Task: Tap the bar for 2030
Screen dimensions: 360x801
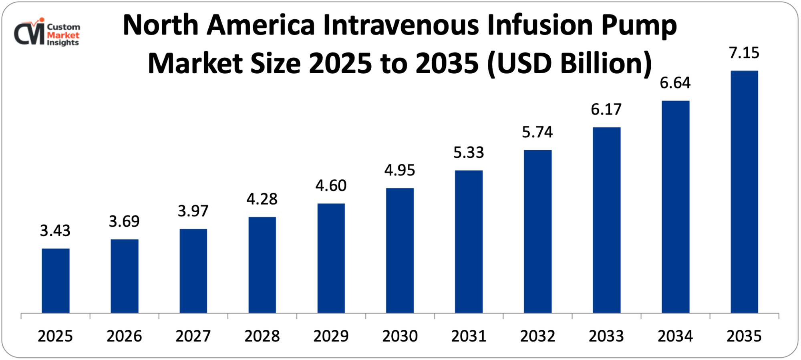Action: (400, 250)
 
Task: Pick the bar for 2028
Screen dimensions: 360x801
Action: (262, 265)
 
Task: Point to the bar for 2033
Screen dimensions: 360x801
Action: (606, 220)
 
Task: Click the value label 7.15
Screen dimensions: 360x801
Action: (744, 53)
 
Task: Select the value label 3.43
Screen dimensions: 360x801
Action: (55, 231)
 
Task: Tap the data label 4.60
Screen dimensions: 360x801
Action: (331, 186)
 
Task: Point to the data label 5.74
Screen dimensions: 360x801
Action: (537, 132)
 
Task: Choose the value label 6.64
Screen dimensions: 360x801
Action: (675, 83)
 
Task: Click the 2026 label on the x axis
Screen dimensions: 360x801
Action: (124, 336)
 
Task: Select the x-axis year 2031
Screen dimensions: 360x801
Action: (469, 336)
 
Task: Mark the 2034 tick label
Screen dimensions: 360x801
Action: (675, 336)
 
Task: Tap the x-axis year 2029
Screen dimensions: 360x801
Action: (331, 336)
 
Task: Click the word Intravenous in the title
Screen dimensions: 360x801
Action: (400, 25)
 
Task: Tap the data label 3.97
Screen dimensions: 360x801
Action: (193, 211)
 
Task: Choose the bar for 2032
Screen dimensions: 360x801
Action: (537, 231)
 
